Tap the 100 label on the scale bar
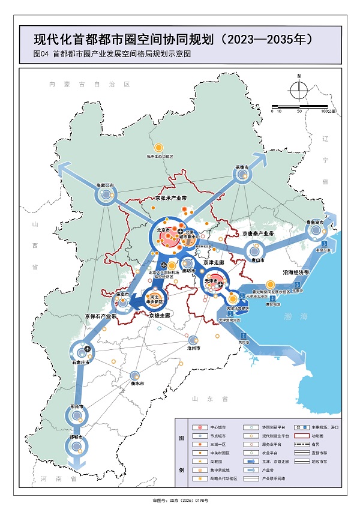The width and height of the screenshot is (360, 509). [x=325, y=112]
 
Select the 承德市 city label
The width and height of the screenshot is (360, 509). [x=242, y=167]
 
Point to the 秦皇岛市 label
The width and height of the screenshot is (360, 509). [x=315, y=222]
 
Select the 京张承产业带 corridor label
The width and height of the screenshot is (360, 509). [x=171, y=198]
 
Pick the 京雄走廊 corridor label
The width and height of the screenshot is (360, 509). [x=161, y=315]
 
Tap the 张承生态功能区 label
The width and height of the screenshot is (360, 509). [x=159, y=156]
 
